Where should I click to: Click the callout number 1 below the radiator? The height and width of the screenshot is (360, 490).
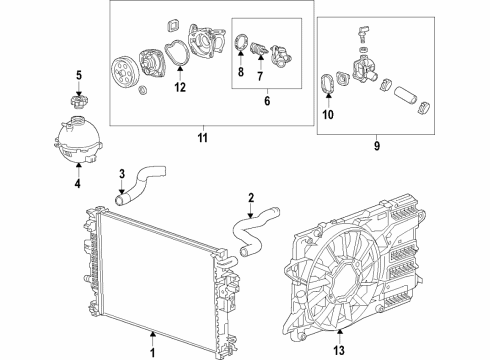(x=153, y=351)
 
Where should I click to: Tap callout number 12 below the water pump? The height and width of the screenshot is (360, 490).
(x=180, y=87)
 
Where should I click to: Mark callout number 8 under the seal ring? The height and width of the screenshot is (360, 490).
(x=241, y=74)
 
